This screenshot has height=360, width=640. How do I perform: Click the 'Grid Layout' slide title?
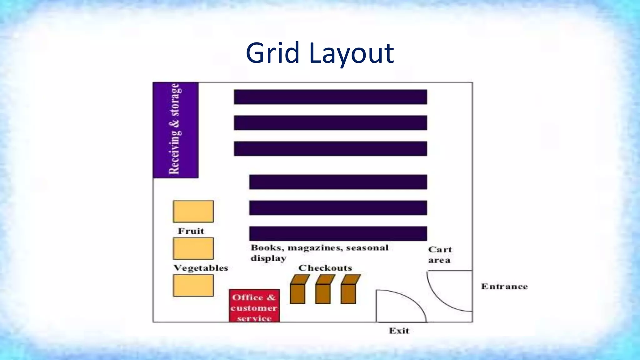(x=320, y=53)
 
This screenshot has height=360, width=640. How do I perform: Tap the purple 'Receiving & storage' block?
(x=175, y=130)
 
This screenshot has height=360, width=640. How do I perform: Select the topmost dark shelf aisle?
(x=330, y=97)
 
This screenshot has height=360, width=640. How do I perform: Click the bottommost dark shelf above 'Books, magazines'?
(x=338, y=233)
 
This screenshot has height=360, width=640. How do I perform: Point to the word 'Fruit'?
(x=191, y=231)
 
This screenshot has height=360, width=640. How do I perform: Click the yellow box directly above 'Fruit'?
(x=193, y=212)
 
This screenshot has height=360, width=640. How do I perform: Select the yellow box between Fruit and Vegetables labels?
(x=193, y=248)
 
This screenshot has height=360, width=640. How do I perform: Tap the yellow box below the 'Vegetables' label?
(x=193, y=285)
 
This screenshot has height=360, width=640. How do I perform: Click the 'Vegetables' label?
(x=201, y=268)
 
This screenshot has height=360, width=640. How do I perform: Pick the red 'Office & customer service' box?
(x=254, y=306)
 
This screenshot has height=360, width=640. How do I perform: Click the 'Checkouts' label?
(x=325, y=268)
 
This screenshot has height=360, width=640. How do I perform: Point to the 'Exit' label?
(x=399, y=331)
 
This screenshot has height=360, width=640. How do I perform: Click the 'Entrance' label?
(x=504, y=287)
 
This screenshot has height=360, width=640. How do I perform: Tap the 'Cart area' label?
(x=440, y=255)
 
